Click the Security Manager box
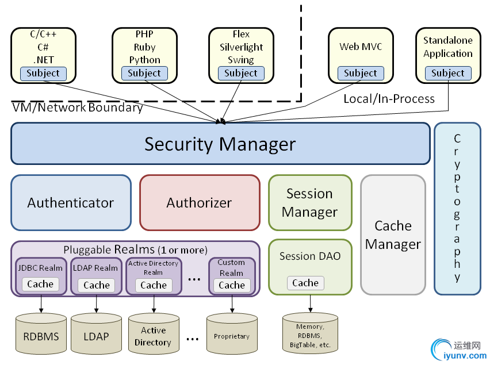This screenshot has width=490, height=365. pos(220,144)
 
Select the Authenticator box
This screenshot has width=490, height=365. pos(71,202)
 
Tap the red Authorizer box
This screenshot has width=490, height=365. pos(199,202)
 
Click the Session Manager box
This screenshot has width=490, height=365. pos(309,202)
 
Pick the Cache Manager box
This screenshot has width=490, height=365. pos(393,235)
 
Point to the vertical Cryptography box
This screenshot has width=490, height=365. pos(457,208)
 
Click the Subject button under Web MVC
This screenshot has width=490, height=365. pos(361,73)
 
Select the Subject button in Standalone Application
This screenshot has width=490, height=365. pos(448,73)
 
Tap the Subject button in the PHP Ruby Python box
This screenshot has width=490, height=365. pos(144,73)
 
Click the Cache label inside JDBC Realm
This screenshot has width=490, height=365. pos(40,284)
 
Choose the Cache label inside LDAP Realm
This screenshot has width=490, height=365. pos(96,285)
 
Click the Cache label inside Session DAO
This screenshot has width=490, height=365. pos(305,283)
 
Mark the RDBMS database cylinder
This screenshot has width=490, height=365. pos(41,334)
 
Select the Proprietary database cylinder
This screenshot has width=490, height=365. pos(232,334)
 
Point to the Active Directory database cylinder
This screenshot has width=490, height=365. pos(153,334)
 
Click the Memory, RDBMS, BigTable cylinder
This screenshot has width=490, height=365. pos(310,334)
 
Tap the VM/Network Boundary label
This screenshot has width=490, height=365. pos(78,107)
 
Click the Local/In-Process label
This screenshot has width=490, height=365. pos(389,99)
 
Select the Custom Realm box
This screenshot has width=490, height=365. pos(232,276)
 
